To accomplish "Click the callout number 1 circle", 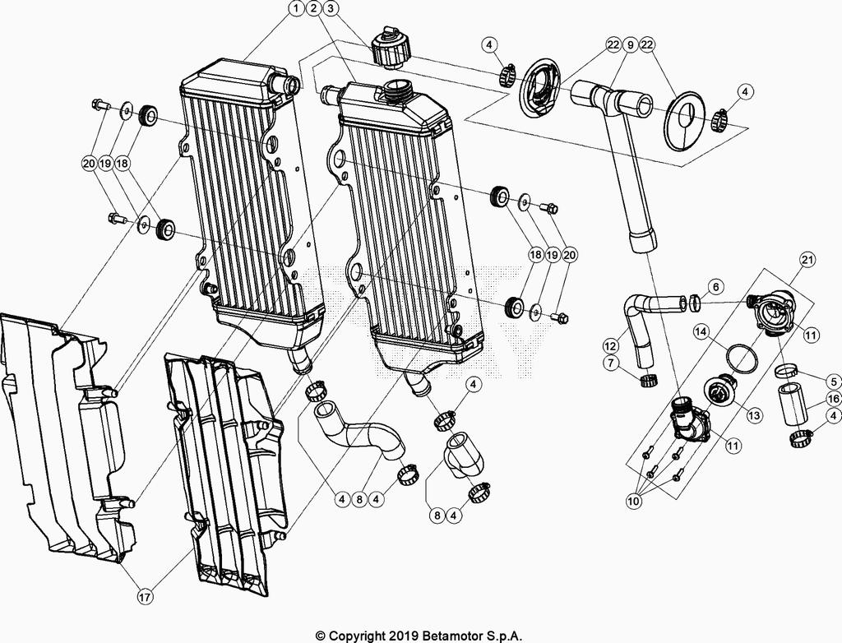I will (295, 10).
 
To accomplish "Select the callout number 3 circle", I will (331, 10).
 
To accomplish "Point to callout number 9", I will (631, 45).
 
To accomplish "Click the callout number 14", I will (700, 332).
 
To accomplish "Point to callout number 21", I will (807, 260).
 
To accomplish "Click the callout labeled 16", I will (832, 399).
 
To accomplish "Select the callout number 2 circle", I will (313, 10).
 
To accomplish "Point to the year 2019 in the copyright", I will (401, 636).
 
